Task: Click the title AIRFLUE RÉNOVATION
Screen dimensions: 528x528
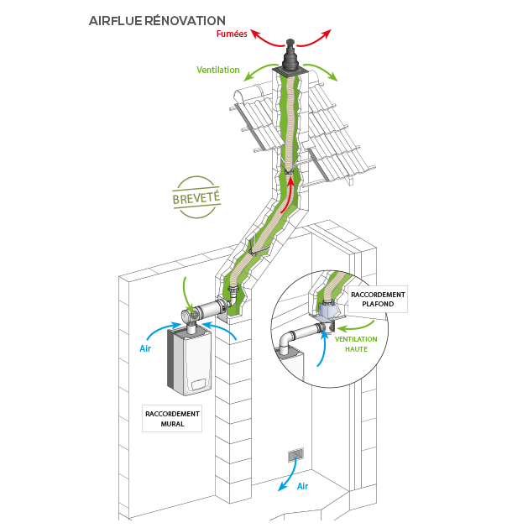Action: click(x=156, y=20)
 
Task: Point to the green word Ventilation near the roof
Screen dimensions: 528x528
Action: click(x=218, y=70)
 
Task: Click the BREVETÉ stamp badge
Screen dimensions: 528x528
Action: click(x=196, y=197)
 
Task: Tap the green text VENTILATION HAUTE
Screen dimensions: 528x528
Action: click(x=356, y=344)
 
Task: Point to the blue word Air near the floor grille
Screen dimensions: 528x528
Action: click(x=303, y=486)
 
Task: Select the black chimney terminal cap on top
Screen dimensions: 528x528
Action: click(x=291, y=60)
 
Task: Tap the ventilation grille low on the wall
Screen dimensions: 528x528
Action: click(x=295, y=455)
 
